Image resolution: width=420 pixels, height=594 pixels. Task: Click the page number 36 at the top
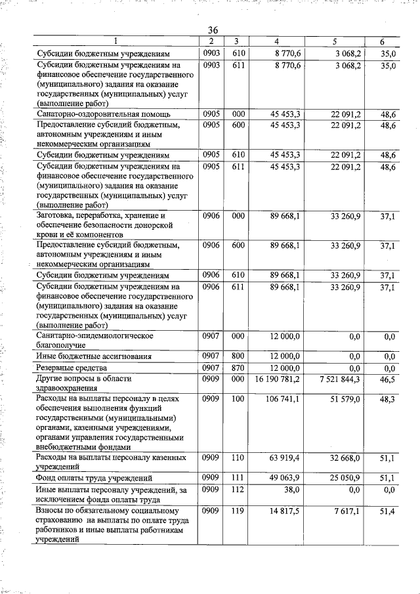pyautogui.click(x=213, y=31)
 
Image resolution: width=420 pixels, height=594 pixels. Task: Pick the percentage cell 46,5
pyautogui.click(x=388, y=379)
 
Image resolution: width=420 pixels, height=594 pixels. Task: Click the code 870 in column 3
pyautogui.click(x=238, y=368)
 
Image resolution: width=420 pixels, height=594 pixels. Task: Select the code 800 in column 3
pyautogui.click(x=238, y=356)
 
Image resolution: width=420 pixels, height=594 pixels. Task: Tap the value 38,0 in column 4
pyautogui.click(x=291, y=489)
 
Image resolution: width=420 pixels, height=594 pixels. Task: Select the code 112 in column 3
pyautogui.click(x=238, y=489)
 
